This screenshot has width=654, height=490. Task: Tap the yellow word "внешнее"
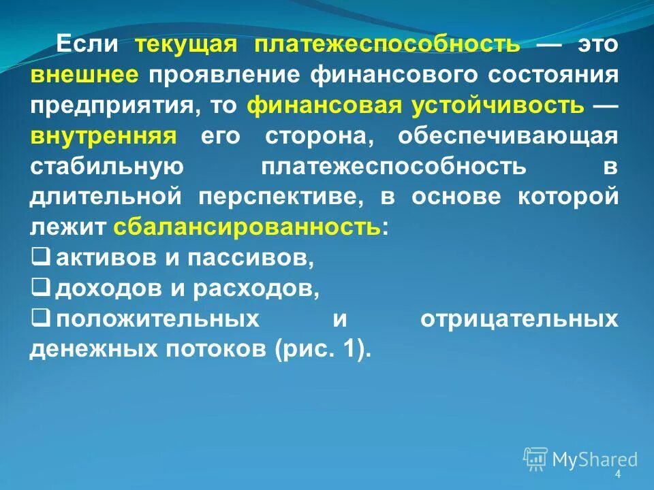pos(84,75)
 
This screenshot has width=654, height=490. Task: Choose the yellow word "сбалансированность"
pos(247,227)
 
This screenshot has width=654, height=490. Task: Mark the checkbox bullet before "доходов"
pos(40,289)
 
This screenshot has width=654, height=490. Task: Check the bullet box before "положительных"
pos(40,318)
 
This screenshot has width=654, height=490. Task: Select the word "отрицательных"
pos(519,319)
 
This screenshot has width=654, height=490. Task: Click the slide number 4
pos(618,474)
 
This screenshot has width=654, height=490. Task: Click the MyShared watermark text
pos(595,459)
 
